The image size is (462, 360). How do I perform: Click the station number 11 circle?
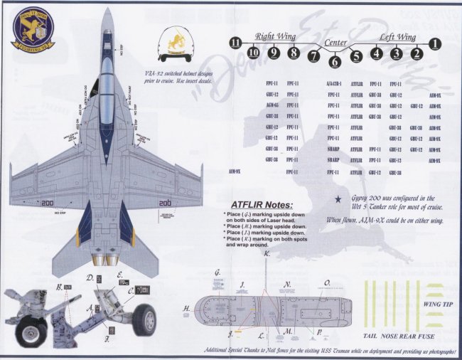tap(236, 44)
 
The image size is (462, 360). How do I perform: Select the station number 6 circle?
tap(335, 61)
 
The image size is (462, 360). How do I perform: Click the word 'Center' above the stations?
tap(335, 43)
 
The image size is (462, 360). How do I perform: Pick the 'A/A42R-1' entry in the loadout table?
tap(333, 84)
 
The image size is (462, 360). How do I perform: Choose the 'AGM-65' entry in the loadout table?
tap(271, 105)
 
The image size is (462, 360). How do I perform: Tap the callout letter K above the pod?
tap(266, 254)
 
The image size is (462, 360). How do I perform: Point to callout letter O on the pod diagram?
tap(327, 282)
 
